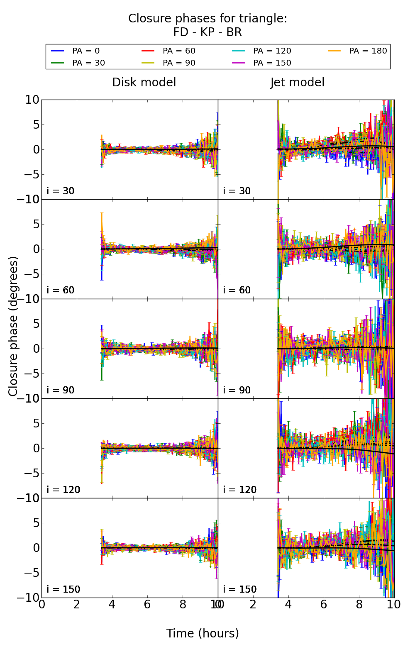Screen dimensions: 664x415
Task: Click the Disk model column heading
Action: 144,82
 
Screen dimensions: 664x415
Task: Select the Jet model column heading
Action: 297,82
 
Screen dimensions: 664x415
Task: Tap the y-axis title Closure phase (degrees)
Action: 13,326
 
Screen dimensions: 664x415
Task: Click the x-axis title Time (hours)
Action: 203,633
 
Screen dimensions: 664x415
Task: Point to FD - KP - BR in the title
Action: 207,32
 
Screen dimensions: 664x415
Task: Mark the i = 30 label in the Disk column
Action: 61,191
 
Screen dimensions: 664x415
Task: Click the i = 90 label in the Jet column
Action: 237,390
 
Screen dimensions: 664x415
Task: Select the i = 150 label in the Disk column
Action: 63,589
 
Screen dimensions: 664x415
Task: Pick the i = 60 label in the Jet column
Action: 237,290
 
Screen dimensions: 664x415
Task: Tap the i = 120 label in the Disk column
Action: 63,490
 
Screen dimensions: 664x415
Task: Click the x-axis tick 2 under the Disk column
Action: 77,604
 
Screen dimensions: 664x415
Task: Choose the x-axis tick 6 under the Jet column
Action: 324,604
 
